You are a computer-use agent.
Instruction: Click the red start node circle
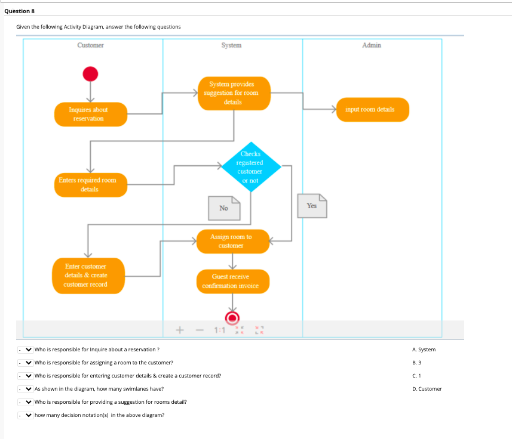90,73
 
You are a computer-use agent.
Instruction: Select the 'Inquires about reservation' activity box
91,114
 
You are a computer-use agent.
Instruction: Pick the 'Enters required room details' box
91,184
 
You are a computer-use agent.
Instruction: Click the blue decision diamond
250,168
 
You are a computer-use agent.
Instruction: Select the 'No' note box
224,208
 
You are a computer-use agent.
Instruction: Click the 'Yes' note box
312,206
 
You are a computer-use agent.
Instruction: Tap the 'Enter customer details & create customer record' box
87,275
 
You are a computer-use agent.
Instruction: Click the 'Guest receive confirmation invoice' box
232,281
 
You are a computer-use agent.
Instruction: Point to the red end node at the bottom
232,317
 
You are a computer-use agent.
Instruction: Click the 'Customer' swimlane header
90,45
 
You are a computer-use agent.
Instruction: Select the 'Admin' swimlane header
371,45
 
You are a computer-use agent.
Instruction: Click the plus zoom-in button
179,329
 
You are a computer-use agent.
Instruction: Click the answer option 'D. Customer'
427,389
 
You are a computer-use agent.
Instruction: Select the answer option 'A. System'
424,350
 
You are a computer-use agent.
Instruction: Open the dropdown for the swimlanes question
25,389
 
